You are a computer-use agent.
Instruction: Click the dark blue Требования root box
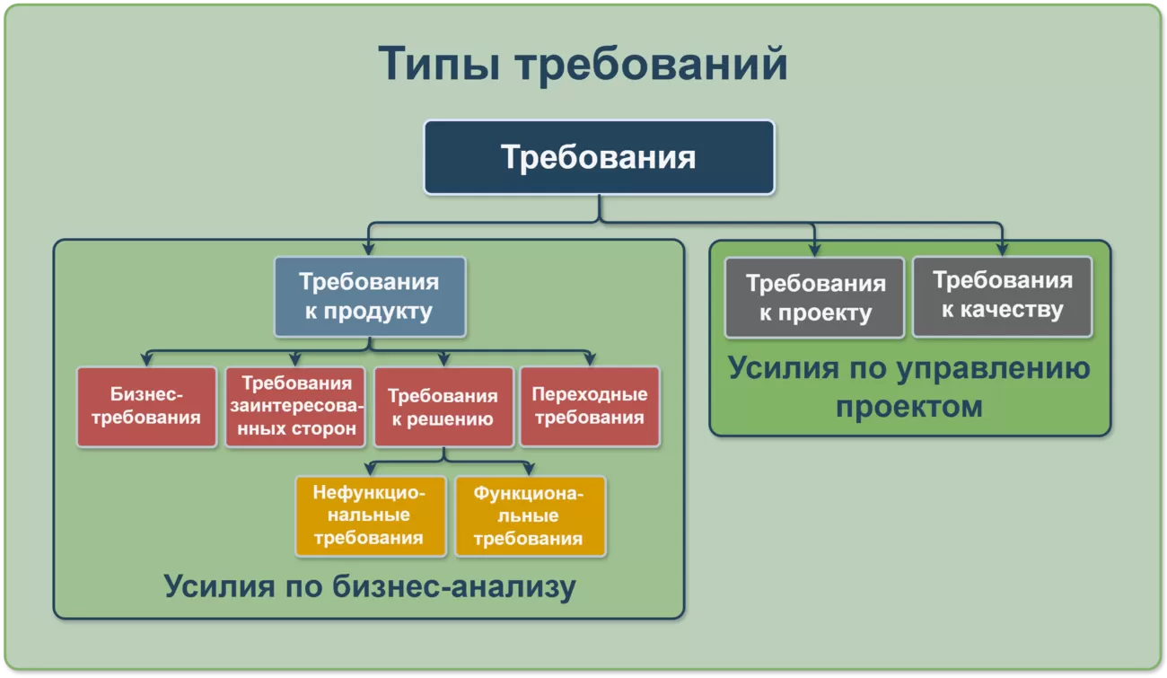[x=599, y=157]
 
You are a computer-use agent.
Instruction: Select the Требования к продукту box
[x=370, y=297]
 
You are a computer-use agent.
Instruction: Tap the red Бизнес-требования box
[x=146, y=407]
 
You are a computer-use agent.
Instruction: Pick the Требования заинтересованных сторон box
[x=295, y=407]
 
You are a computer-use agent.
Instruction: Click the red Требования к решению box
[x=443, y=407]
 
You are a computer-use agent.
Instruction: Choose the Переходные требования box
[x=590, y=407]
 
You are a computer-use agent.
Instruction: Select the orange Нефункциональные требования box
[x=370, y=515]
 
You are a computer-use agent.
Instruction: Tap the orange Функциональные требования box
[x=530, y=515]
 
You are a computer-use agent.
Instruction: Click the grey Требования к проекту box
[x=814, y=298]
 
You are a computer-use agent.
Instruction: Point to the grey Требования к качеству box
[x=1002, y=297]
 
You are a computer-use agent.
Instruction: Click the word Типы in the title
[x=438, y=65]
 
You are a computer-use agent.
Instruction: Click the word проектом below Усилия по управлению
[x=909, y=406]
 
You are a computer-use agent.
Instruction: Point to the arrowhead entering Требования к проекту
[x=814, y=251]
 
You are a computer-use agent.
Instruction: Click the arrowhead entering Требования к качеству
[x=1002, y=250]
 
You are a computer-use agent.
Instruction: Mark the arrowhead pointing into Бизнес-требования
[x=146, y=360]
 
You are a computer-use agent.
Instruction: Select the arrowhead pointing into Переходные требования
[x=590, y=360]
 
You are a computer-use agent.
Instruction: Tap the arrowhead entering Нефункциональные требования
[x=370, y=470]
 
